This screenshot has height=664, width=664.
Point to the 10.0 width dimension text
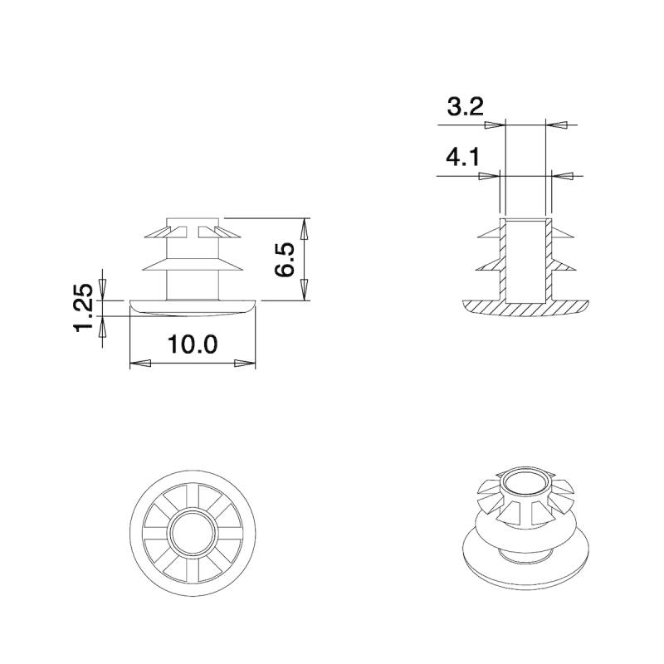193,344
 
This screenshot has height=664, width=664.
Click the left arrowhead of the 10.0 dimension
141,364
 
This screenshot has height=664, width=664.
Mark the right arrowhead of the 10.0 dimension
244,364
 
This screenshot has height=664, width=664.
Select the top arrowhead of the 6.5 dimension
305,228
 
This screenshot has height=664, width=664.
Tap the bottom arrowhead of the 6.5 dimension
305,290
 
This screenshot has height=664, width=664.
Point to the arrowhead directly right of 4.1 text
493,175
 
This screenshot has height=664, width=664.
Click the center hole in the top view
193,532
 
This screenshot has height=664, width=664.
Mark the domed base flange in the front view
193,306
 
